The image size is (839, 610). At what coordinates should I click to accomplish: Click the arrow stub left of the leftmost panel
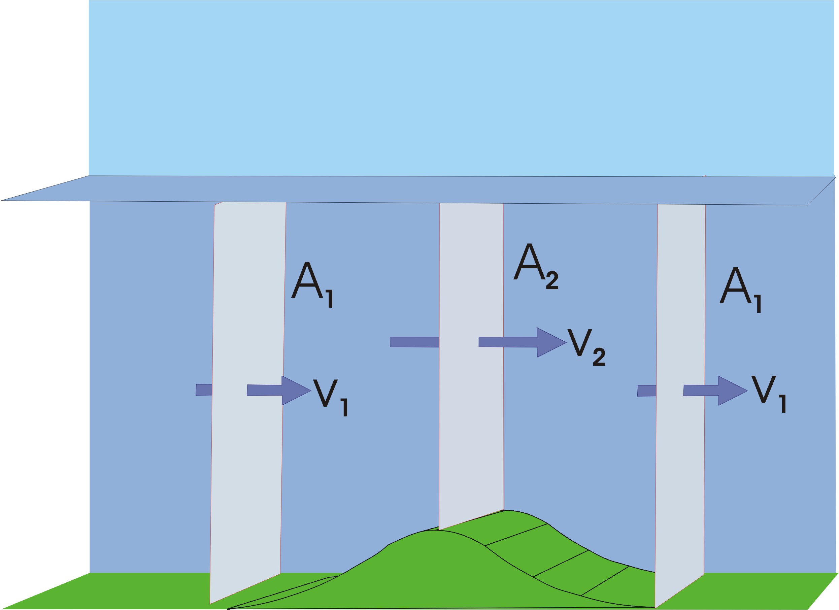point(204,390)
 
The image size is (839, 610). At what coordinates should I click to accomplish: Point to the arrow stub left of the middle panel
point(414,342)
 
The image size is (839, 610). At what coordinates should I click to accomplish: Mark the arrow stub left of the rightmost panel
point(647,391)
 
